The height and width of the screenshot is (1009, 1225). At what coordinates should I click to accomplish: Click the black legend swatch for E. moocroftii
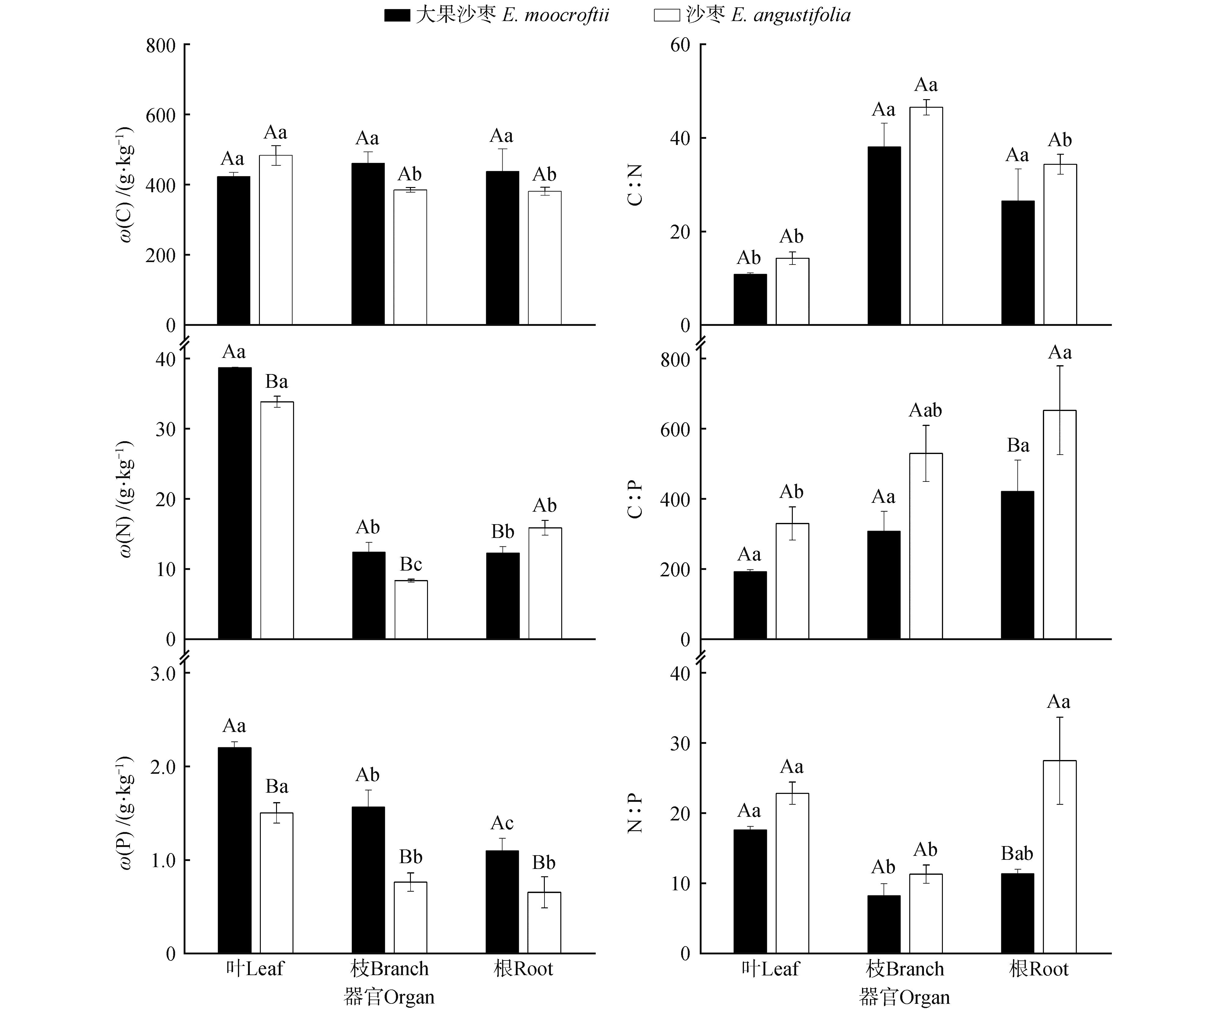(397, 15)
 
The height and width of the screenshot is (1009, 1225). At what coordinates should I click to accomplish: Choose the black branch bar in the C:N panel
(884, 236)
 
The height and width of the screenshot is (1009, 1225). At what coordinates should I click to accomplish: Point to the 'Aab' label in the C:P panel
(925, 410)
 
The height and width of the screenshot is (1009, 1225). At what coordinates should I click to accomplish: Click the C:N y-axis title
(635, 185)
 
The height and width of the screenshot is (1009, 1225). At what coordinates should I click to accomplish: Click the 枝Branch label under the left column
(389, 969)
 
